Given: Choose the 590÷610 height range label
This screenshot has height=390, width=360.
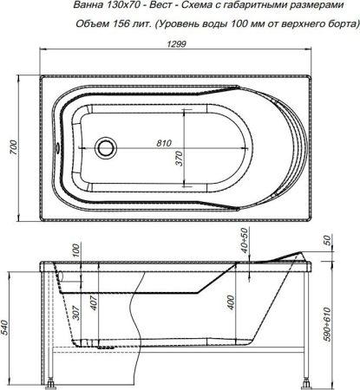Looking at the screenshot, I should point(350,322).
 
